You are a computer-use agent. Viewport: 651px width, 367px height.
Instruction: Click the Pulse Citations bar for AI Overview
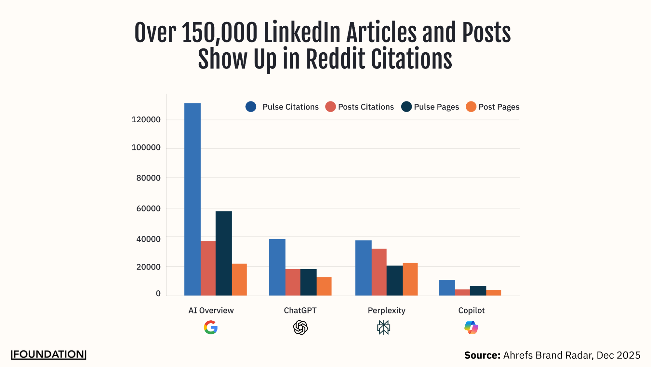[192, 199]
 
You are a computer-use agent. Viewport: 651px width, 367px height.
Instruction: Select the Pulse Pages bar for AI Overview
[224, 253]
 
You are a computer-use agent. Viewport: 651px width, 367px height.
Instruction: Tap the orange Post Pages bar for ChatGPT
[324, 286]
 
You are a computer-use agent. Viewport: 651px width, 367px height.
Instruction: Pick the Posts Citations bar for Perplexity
[379, 272]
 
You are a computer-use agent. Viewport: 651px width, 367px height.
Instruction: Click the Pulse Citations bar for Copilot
[446, 288]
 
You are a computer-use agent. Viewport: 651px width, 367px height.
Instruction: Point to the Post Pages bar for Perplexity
[410, 279]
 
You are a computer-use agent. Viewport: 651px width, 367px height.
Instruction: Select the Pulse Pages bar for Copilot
[478, 291]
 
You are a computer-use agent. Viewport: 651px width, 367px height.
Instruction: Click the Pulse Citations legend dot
[251, 107]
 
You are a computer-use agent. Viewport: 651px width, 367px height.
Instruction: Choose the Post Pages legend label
[499, 107]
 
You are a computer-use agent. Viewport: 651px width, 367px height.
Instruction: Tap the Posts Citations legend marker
[330, 107]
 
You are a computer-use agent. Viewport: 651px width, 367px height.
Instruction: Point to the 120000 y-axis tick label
[146, 120]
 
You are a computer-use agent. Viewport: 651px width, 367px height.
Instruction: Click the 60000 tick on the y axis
[148, 208]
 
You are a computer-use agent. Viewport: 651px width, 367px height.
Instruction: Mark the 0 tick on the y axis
[158, 294]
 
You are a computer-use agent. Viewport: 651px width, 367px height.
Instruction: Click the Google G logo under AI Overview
[211, 327]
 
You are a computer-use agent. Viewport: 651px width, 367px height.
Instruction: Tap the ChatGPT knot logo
[300, 327]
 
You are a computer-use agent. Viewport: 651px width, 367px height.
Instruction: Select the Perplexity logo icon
[384, 327]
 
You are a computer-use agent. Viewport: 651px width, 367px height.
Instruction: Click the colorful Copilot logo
[471, 327]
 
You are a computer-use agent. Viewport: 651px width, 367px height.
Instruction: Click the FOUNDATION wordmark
[49, 355]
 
